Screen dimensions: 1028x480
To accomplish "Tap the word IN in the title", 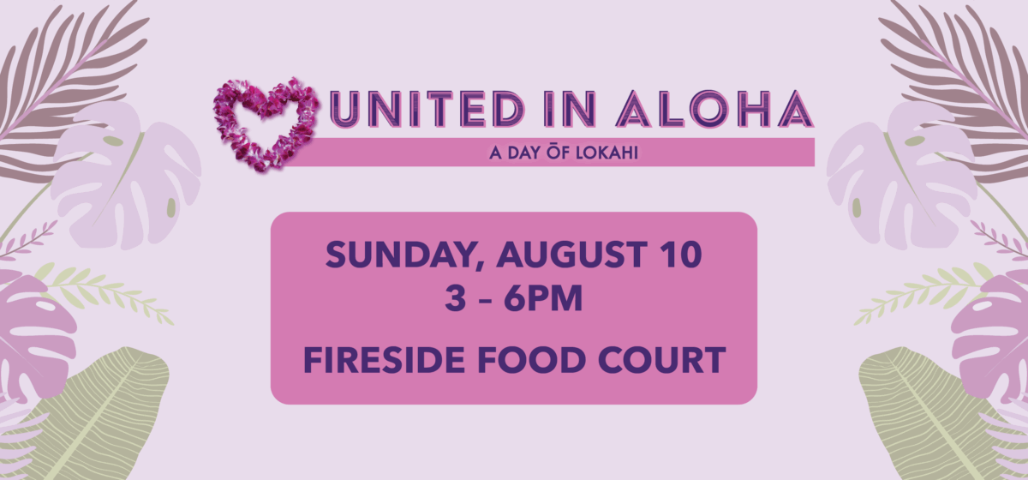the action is tap(571, 110).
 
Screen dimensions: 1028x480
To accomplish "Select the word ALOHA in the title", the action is tap(714, 110).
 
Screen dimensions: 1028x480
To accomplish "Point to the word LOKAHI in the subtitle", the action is tap(607, 153).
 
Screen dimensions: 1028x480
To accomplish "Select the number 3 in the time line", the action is tap(455, 298).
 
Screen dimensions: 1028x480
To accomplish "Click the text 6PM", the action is tap(543, 298).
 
